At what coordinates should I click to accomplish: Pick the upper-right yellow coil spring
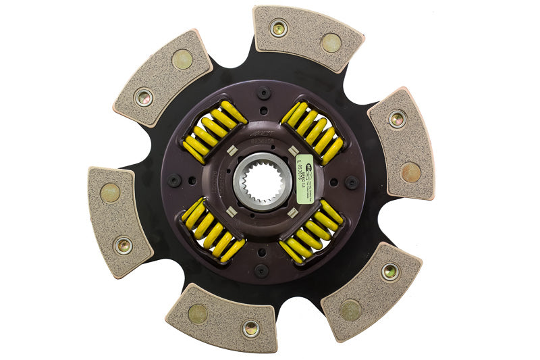(313, 131)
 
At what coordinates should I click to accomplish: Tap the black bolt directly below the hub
(261, 271)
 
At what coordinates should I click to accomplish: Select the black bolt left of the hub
(174, 181)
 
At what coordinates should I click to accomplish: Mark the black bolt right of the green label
(351, 182)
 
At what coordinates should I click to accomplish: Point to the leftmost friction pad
(120, 220)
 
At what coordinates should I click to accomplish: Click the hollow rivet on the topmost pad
(278, 28)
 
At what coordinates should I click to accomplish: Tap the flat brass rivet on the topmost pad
(331, 43)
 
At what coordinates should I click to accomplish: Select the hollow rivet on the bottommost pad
(250, 329)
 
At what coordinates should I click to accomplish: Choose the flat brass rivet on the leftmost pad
(110, 193)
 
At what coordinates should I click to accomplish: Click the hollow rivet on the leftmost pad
(123, 246)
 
